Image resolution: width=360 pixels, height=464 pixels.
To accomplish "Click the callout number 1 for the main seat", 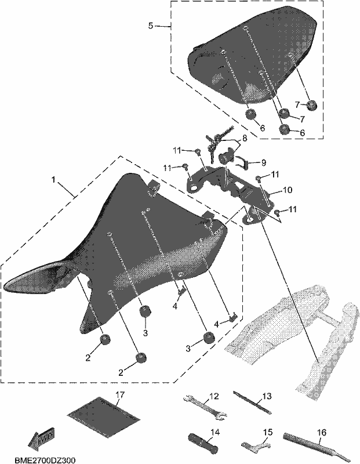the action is (x=53, y=180).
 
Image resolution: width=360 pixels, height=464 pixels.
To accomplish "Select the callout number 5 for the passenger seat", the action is (x=151, y=26).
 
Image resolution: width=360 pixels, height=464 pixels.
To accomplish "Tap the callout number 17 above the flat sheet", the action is (x=121, y=394).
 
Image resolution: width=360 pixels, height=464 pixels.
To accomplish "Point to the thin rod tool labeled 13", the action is (x=252, y=403).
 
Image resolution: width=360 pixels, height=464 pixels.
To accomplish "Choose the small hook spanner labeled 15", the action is (x=255, y=446).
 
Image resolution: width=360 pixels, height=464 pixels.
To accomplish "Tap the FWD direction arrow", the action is (x=41, y=438).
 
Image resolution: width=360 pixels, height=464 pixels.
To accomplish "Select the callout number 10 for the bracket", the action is (x=288, y=190).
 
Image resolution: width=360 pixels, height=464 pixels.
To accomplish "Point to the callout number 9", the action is (x=263, y=162).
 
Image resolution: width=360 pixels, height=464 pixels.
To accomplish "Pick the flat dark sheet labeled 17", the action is (x=103, y=416).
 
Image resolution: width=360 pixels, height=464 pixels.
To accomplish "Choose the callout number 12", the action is (x=214, y=396).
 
